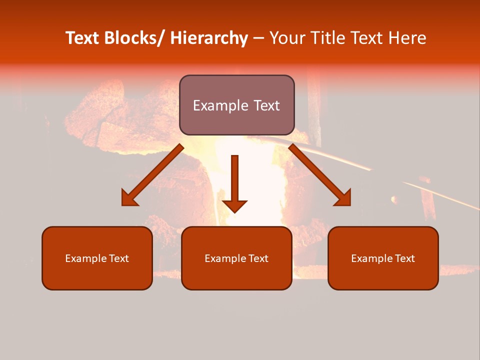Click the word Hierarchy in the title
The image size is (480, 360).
click(209, 38)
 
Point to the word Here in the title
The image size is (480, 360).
click(407, 38)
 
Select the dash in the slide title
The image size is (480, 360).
click(258, 38)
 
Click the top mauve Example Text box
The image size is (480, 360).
click(236, 105)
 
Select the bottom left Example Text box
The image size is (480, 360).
click(97, 258)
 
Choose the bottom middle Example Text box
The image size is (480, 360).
click(236, 258)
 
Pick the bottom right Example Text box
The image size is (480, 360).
click(383, 258)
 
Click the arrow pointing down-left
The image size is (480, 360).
click(152, 175)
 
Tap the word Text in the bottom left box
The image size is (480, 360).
click(119, 258)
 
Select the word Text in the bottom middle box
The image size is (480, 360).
click(258, 258)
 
